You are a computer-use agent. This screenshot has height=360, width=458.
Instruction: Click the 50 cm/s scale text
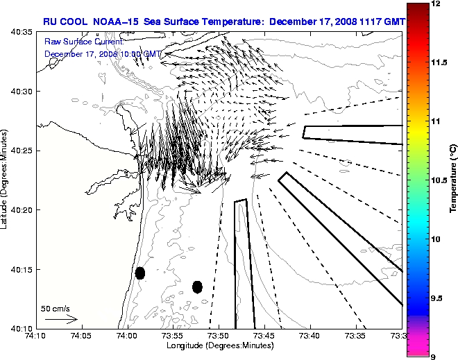56,308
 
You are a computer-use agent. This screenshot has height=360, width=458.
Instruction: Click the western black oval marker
140,273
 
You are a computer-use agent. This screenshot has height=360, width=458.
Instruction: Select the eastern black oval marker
197,286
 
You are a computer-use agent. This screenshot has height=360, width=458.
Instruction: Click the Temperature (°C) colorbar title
452,179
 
